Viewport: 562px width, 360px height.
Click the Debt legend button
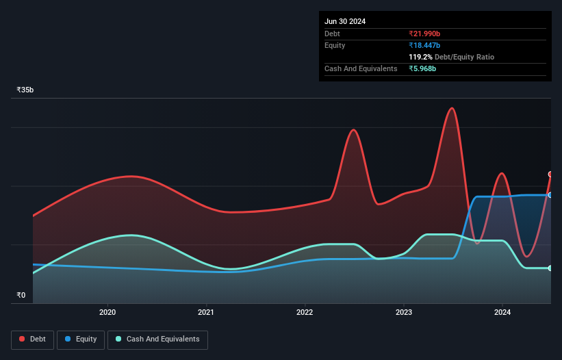(x=33, y=339)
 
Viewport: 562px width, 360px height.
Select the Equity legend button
(x=81, y=339)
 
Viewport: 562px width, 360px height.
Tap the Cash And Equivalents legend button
(x=157, y=339)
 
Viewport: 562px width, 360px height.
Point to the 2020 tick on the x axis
(x=107, y=313)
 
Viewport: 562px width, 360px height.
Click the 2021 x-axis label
(x=206, y=313)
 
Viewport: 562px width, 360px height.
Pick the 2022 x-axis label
(x=305, y=313)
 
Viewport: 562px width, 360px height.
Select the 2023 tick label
(x=404, y=313)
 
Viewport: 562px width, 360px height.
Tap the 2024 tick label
(x=502, y=313)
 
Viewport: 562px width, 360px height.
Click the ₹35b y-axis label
(x=25, y=90)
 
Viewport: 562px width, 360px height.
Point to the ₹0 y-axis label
(x=21, y=296)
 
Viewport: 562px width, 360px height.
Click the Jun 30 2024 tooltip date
(x=345, y=21)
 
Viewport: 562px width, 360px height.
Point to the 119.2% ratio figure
(x=421, y=57)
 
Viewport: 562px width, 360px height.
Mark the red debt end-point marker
(x=550, y=175)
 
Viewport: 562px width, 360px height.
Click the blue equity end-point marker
(x=550, y=195)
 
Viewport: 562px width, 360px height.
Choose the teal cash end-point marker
(x=550, y=268)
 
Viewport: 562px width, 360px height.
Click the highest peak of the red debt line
(x=451, y=108)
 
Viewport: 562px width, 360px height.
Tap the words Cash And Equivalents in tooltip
(x=361, y=68)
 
